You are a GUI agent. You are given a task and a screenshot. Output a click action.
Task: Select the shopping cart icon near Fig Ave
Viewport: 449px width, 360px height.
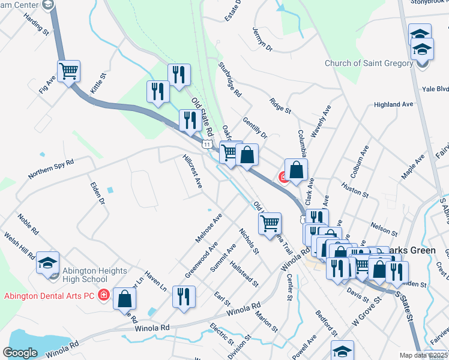point(69,71)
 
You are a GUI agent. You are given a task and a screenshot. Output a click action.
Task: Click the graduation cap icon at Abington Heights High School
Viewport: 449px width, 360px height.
point(47,262)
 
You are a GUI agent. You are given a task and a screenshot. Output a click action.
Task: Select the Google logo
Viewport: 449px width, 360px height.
point(20,353)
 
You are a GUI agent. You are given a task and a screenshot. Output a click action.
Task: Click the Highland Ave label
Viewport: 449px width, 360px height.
point(393,104)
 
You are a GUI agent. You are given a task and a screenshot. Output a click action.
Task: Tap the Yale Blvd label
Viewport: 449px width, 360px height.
point(435,89)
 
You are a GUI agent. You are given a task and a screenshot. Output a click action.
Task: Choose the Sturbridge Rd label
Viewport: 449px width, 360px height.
point(230,80)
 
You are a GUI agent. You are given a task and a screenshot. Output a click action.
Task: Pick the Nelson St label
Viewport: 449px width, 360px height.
point(384,229)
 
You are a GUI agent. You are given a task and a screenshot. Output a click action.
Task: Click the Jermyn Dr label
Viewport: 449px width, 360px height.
point(262,39)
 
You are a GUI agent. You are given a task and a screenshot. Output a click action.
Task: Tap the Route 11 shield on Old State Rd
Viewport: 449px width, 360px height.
point(207,145)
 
